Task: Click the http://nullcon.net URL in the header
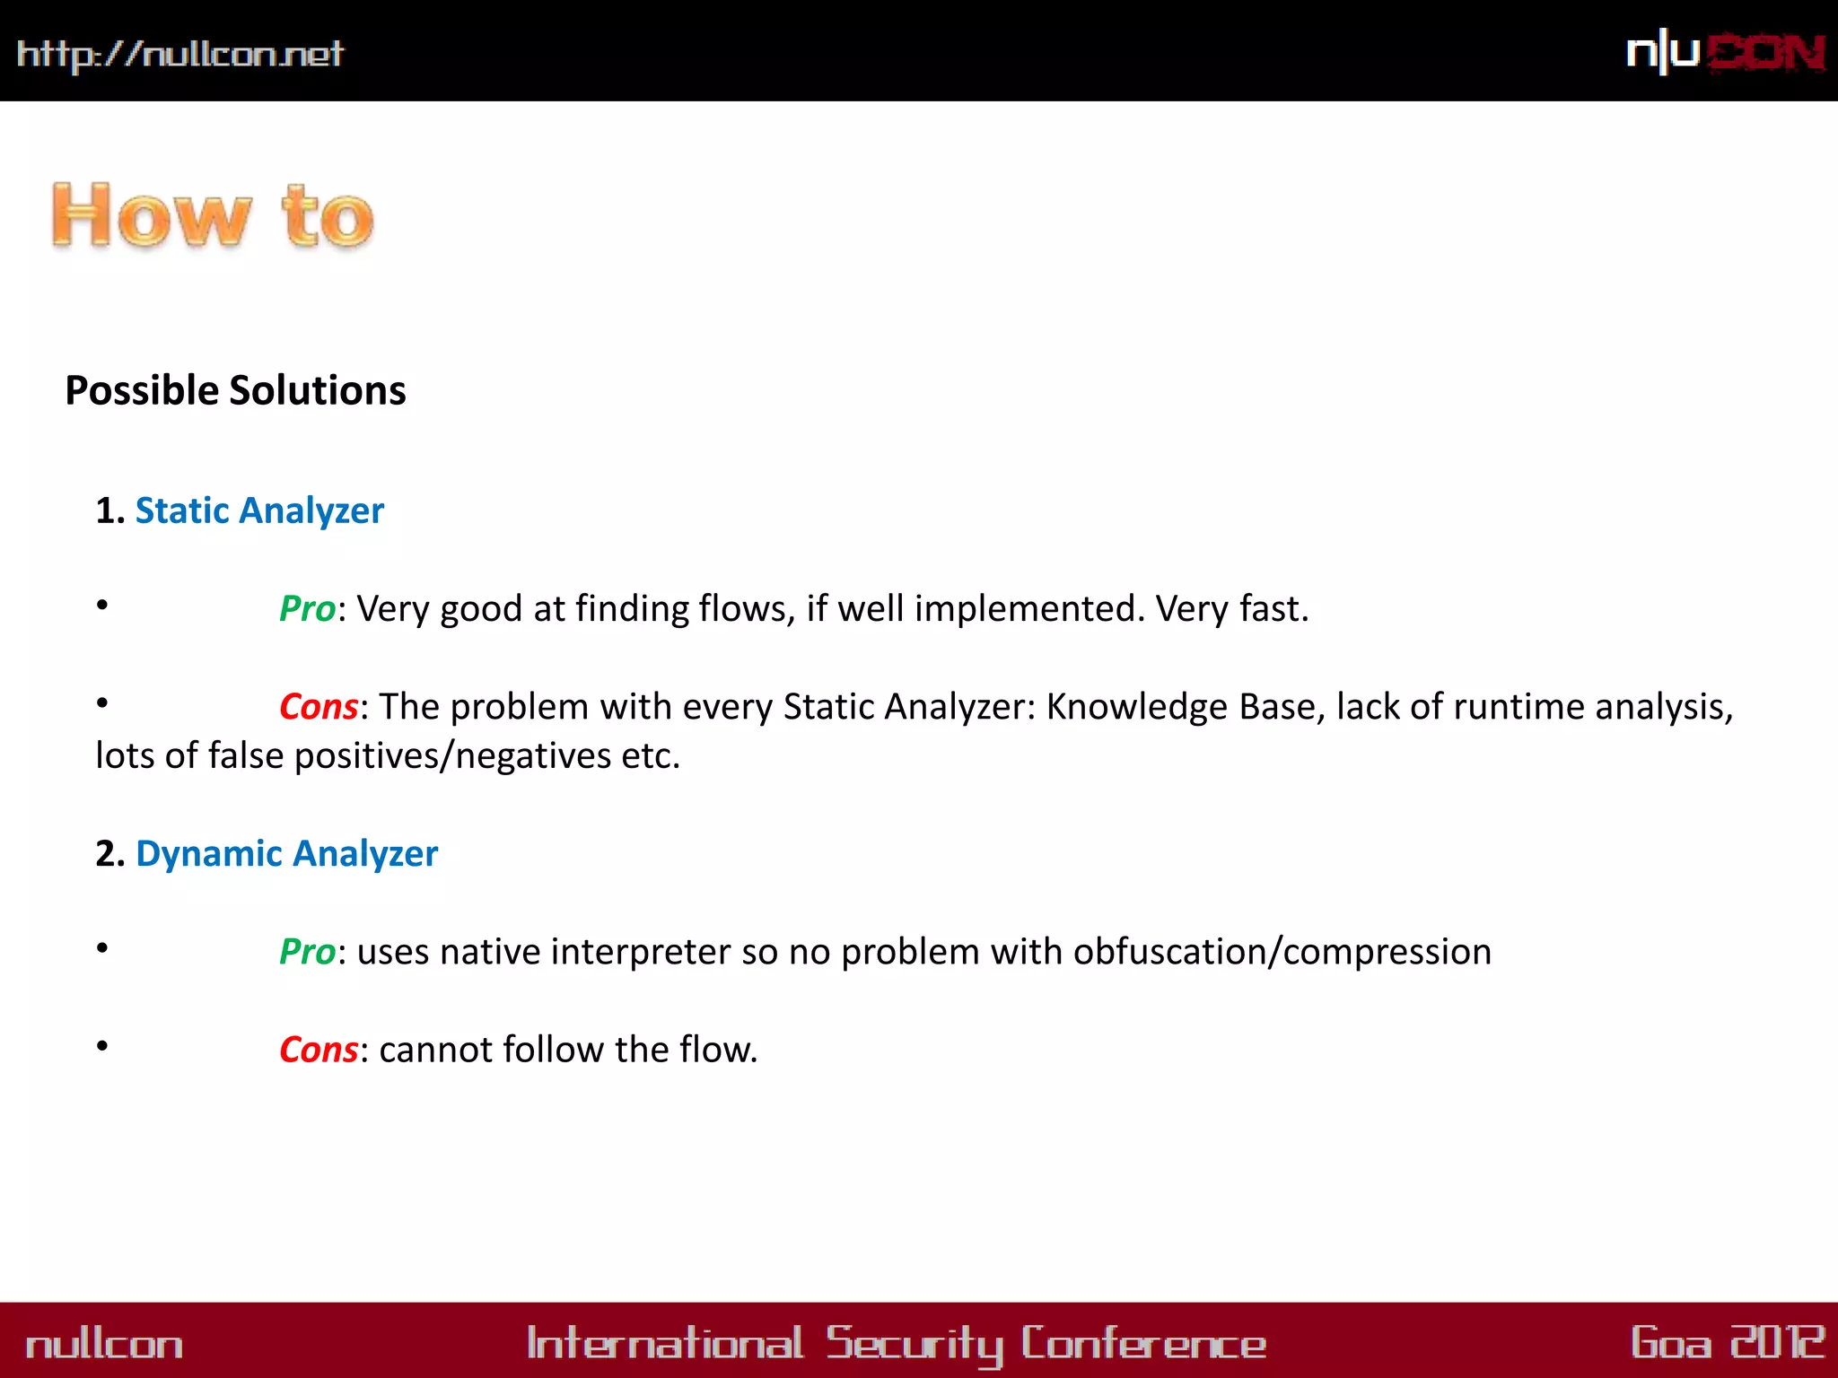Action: tap(179, 54)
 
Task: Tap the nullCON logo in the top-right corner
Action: tap(1725, 52)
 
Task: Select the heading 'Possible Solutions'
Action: tap(235, 390)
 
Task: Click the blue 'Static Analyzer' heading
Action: tap(259, 510)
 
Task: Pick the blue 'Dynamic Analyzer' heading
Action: tap(286, 853)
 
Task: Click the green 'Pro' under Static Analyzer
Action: tap(307, 608)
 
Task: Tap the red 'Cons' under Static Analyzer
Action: tap(319, 707)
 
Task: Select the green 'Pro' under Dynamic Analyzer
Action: tap(307, 952)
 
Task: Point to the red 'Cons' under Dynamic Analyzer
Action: tap(319, 1050)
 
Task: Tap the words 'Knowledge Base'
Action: tap(1186, 707)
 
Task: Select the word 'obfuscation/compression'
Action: tap(1282, 952)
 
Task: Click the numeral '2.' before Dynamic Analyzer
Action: tap(110, 853)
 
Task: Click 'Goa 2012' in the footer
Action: tap(1726, 1343)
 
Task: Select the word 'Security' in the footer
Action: tap(914, 1344)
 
